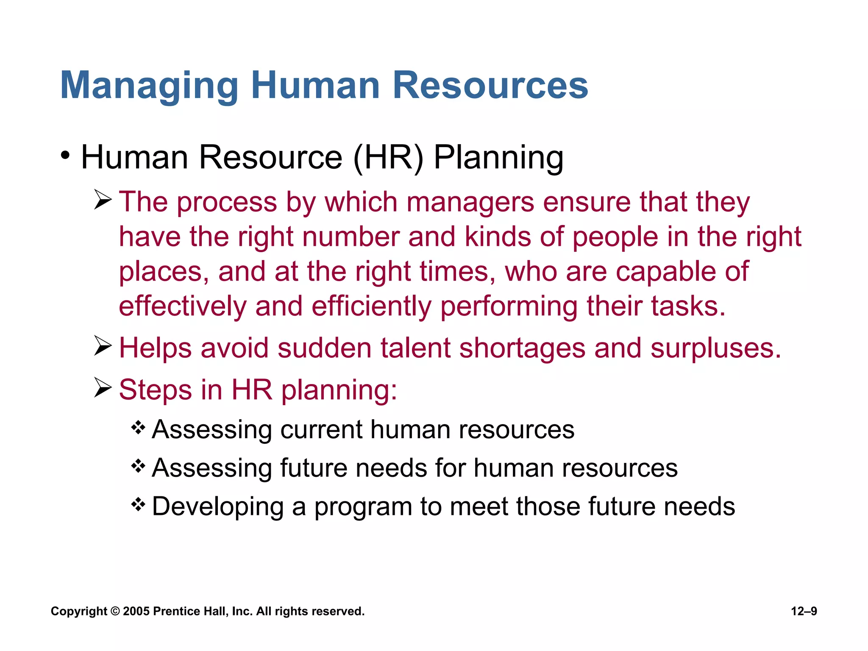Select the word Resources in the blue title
[490, 86]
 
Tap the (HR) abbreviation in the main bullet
[388, 158]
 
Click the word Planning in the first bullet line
[498, 158]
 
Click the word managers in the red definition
[470, 202]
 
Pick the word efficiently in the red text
[371, 306]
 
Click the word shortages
[522, 348]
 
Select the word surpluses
[715, 348]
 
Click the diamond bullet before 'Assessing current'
[138, 428]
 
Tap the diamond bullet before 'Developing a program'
[138, 504]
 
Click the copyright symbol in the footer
[115, 611]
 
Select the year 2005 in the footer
[136, 611]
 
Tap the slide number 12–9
[804, 611]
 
